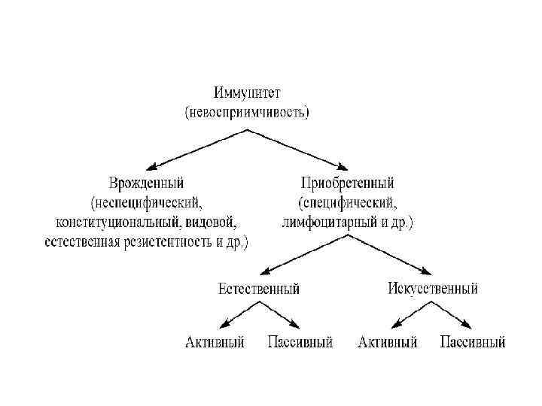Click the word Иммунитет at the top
pyautogui.click(x=246, y=93)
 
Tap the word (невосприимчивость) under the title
pyautogui.click(x=247, y=112)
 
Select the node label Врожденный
pyautogui.click(x=146, y=183)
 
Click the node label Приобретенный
pyautogui.click(x=347, y=183)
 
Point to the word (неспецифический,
pyautogui.click(x=147, y=202)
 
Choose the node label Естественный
pyautogui.click(x=258, y=288)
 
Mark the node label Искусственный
pyautogui.click(x=433, y=288)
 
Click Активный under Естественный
pyautogui.click(x=215, y=343)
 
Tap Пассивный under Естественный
pyautogui.click(x=300, y=343)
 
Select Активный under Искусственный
pyautogui.click(x=388, y=343)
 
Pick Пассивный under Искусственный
pyautogui.click(x=472, y=343)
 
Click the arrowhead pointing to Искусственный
pyautogui.click(x=430, y=274)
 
